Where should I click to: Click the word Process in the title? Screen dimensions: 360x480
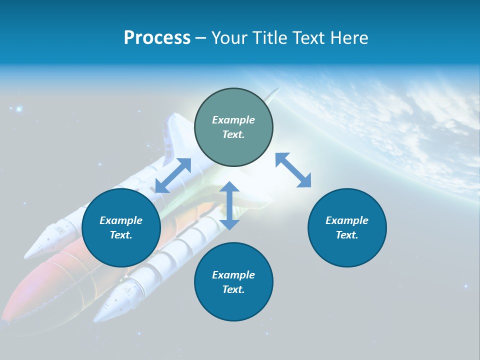157,38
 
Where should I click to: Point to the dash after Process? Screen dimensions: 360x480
201,38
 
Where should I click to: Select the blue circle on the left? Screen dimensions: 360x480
121,227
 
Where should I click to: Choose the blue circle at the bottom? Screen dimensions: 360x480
233,281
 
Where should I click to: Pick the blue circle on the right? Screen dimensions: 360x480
347,227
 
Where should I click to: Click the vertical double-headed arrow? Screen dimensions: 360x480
229,205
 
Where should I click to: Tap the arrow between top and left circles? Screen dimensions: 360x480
173,175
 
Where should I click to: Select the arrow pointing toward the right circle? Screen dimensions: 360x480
293,170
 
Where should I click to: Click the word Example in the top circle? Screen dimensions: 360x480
233,120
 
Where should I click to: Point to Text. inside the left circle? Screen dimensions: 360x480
121,235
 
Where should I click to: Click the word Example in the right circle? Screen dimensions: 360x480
347,220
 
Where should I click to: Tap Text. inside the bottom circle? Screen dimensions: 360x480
233,289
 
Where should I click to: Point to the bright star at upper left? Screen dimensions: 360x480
19,108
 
